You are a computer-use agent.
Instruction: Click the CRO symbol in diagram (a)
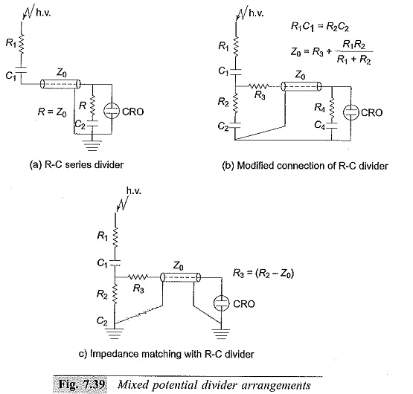[x=112, y=111]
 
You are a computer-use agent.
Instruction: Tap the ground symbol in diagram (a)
[x=92, y=146]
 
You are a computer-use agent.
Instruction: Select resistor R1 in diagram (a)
[x=21, y=43]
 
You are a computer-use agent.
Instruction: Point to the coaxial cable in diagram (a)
[x=60, y=84]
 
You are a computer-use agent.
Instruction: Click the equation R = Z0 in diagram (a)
[x=52, y=112]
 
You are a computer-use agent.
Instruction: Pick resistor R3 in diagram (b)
[x=259, y=85]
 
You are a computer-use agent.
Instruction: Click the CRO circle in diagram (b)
[x=350, y=112]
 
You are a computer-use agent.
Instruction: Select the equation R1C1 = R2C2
[x=320, y=27]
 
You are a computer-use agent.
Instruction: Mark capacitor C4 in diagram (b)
[x=332, y=126]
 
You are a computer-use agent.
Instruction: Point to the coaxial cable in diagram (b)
[x=301, y=86]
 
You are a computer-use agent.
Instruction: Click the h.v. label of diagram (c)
[x=134, y=190]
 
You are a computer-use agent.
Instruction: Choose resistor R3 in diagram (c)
[x=138, y=277]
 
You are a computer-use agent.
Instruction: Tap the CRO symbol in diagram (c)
[x=221, y=303]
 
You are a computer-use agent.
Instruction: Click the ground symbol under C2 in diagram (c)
[x=115, y=333]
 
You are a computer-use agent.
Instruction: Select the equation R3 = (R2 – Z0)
[x=263, y=273]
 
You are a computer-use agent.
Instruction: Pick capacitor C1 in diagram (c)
[x=115, y=262]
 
